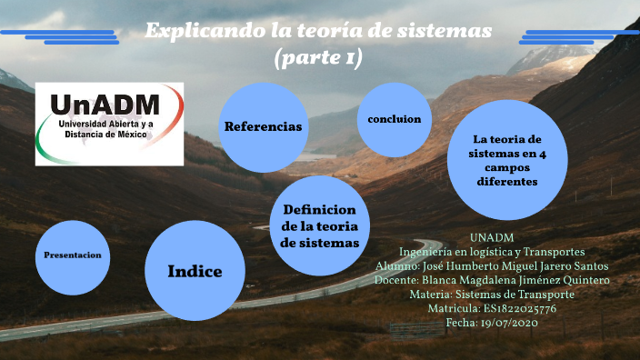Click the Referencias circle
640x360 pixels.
[x=263, y=126]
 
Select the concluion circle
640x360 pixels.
[x=394, y=119]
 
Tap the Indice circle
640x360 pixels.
[x=195, y=271]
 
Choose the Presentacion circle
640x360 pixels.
[x=73, y=255]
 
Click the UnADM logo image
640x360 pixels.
[x=109, y=124]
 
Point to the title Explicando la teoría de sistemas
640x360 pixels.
[x=318, y=31]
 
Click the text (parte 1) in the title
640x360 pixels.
[x=318, y=58]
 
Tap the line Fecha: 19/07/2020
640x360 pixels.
[x=492, y=323]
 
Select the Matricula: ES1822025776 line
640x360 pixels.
[x=492, y=309]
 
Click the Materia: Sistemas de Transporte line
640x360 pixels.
[x=492, y=295]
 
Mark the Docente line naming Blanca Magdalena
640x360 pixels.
[x=492, y=280]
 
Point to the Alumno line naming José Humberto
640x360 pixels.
[x=492, y=265]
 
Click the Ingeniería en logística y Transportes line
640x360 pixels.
[x=492, y=251]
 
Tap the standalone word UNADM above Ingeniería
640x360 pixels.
[x=492, y=237]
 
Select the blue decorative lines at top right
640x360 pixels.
[x=578, y=36]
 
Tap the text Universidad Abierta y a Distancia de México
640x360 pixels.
[x=106, y=128]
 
